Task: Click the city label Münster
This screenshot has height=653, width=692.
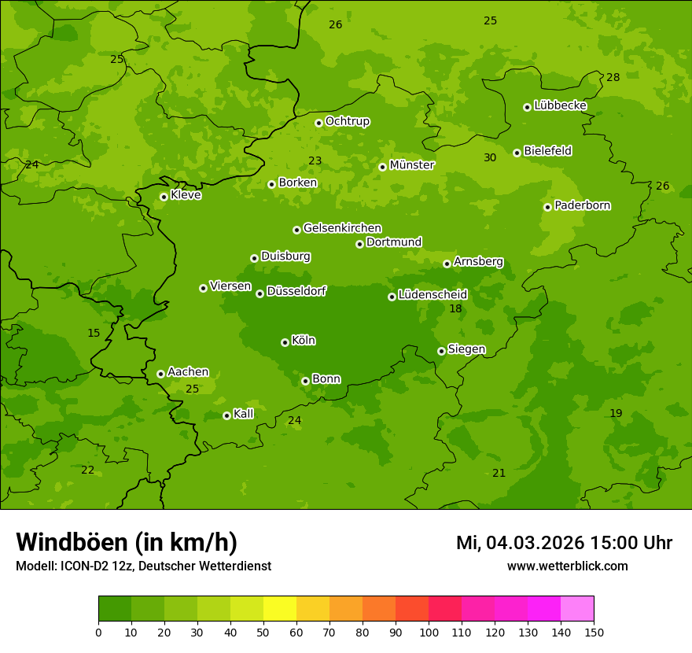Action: coord(412,165)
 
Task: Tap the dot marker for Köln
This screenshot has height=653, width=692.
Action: coord(285,342)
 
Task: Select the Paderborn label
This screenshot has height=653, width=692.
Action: coord(583,205)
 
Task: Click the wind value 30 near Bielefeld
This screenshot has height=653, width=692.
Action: coord(490,157)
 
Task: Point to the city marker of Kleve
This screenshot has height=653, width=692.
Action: coord(164,197)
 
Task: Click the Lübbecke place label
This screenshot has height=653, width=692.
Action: coord(561,105)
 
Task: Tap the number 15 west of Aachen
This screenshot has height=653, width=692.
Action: coord(94,333)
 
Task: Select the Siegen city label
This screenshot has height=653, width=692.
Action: coord(466,349)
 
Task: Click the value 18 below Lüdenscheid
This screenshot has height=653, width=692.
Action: coord(455,308)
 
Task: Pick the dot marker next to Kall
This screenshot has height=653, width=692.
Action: coord(226,415)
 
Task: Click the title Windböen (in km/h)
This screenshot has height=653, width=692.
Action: coord(127,542)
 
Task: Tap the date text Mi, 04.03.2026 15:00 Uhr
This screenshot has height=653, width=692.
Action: coord(564,543)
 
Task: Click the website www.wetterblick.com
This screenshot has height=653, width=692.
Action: coord(567,566)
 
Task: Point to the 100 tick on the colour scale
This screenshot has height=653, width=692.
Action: coord(429,632)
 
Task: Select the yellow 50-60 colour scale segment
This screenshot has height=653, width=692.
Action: coord(280,609)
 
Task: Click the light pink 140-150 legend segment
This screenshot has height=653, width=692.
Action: coord(577,609)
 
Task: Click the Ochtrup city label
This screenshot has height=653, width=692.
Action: coord(348,121)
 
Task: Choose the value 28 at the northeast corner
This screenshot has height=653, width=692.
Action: coord(613,77)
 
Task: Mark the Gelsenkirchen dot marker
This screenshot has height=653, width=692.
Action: coord(296,230)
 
